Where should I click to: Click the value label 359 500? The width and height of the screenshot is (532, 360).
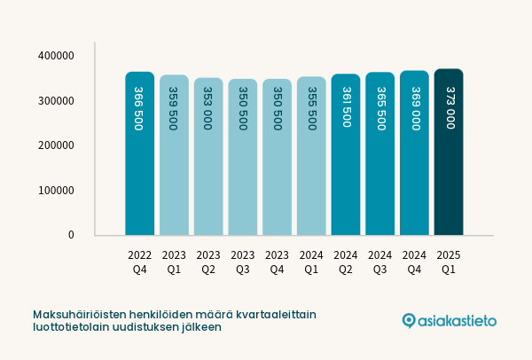tap(173, 108)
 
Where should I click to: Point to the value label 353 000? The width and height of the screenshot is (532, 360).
tap(207, 108)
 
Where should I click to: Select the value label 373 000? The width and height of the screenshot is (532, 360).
tap(450, 108)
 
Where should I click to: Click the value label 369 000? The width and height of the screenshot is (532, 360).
tap(415, 108)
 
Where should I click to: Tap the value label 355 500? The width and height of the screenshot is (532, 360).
tap(311, 108)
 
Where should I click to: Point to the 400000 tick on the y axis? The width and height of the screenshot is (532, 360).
tap(56, 56)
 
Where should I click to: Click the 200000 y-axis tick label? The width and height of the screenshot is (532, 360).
tap(56, 145)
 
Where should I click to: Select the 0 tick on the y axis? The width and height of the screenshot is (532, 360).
tap(70, 235)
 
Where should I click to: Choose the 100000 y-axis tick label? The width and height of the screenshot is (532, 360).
tap(56, 191)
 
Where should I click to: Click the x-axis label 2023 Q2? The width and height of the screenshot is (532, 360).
tap(208, 262)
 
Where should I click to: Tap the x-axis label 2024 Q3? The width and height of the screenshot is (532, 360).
tap(379, 262)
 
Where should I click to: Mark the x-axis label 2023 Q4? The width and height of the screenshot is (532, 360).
tap(277, 262)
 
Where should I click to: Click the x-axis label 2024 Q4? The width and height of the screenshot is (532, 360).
tap(414, 262)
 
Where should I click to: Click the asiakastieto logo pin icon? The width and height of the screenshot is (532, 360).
tap(409, 320)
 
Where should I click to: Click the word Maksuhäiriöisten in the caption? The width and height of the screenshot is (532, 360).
tap(77, 315)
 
